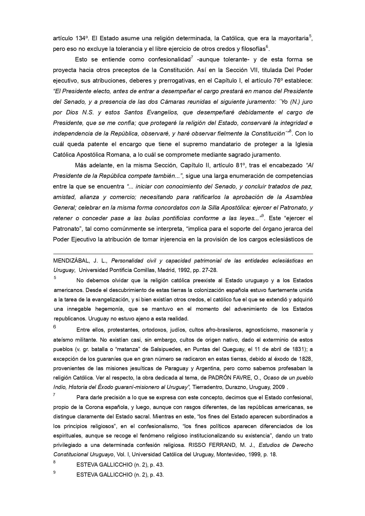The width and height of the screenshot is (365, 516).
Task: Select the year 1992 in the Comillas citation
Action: point(176,270)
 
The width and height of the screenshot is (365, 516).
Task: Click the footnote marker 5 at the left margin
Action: point(55,278)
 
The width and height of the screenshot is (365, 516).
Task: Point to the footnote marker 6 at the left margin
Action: point(55,327)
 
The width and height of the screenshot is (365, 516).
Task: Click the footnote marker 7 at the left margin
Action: point(54,395)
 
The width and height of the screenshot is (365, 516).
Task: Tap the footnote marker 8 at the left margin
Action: point(54,462)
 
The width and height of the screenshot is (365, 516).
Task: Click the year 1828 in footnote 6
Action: point(306,359)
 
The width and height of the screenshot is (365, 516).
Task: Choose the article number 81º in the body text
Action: point(241,165)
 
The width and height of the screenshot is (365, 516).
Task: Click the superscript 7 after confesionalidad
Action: point(192,57)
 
